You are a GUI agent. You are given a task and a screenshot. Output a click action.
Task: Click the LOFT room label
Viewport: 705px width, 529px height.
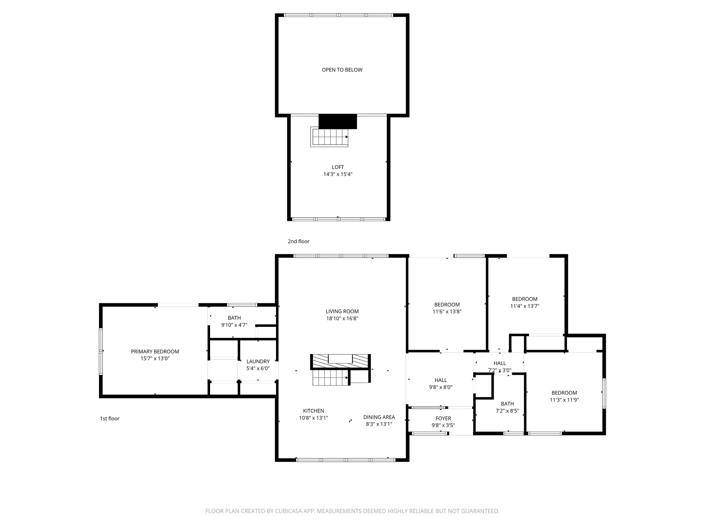[x=338, y=167]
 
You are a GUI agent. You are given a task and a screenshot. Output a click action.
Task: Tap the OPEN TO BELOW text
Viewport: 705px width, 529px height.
[x=342, y=70]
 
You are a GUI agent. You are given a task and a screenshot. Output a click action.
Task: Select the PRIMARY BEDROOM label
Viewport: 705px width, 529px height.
[x=155, y=352]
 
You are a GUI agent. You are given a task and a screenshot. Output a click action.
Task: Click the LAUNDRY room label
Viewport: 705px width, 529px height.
[x=258, y=361]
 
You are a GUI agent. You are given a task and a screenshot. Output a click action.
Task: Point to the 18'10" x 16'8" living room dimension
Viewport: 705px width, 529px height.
[x=342, y=319]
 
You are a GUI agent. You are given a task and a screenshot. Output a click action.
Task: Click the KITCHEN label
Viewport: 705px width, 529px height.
[x=313, y=411]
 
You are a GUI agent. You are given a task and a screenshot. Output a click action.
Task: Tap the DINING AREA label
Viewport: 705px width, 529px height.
[x=379, y=417]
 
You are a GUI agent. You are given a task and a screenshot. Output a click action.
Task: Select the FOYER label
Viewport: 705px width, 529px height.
[x=443, y=418]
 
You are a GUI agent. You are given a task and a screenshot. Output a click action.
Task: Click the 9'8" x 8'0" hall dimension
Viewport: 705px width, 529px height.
[x=441, y=387]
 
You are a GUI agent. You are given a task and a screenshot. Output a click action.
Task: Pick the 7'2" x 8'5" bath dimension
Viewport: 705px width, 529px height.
[x=507, y=411]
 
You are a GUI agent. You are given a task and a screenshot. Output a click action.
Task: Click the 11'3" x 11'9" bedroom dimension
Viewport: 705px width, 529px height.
[x=564, y=400]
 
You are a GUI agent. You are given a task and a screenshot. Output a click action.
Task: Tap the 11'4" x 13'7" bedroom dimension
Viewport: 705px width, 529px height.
[x=525, y=306]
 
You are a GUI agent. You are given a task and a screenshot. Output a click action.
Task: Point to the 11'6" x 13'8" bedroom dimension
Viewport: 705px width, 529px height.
[x=447, y=312]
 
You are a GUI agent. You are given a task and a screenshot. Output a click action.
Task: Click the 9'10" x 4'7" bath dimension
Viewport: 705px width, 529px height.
[x=234, y=325]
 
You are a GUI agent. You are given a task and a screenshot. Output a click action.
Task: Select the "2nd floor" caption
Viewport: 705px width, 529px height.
[x=298, y=241]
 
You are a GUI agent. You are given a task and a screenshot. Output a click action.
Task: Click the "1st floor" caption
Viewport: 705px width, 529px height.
[x=109, y=419]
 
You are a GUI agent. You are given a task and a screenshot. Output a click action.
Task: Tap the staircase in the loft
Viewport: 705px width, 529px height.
[x=330, y=137]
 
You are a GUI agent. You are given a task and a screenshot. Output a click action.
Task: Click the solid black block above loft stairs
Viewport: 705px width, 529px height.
[x=338, y=121]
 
